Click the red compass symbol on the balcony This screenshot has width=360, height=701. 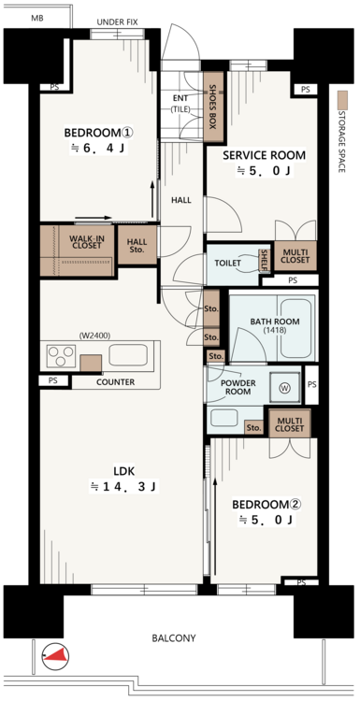pos(56,656)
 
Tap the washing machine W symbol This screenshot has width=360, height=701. pos(284,388)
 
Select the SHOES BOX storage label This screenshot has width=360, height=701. pos(213,107)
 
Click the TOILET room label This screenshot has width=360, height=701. pos(227,263)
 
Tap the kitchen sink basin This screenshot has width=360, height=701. pos(128,355)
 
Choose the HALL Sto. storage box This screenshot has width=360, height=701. pos(137,245)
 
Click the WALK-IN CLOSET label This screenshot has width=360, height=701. pos(86,242)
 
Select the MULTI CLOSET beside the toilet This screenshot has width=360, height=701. pos(295,256)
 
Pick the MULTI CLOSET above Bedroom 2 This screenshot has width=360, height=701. pos(290,423)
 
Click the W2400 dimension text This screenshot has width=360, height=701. pos(94,335)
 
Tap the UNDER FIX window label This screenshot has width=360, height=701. pos(117,21)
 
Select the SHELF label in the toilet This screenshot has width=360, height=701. pos(265,261)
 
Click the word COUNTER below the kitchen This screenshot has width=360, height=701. pos(115,382)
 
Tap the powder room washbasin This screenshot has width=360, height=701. pos(224,418)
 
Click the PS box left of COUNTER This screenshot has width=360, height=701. pos(53,381)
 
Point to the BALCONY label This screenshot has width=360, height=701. pos(174,638)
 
